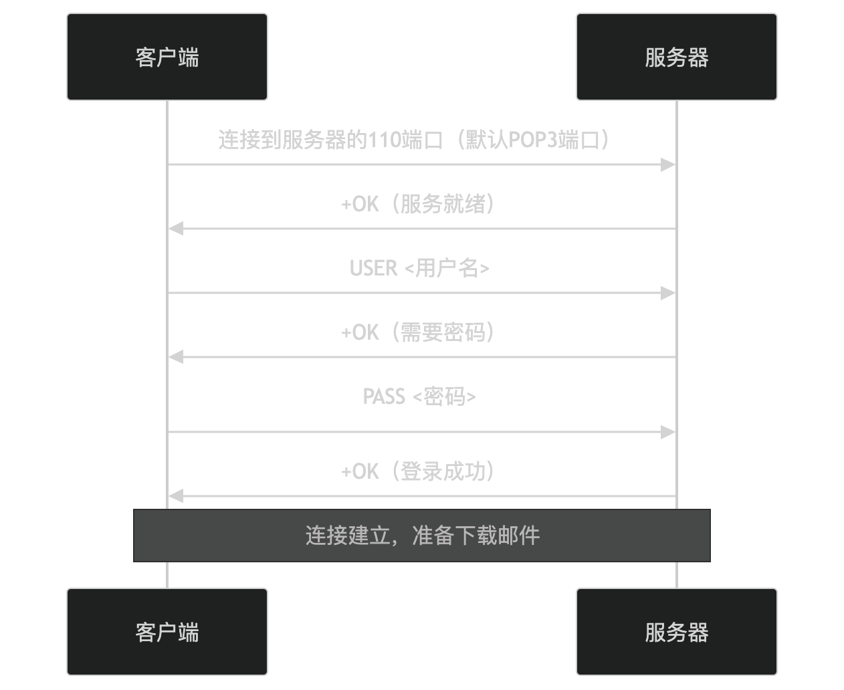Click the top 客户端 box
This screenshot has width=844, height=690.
[x=167, y=57]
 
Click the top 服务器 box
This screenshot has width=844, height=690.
[x=676, y=57]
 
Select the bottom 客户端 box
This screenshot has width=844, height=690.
[x=167, y=632]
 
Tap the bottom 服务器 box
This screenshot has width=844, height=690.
[x=676, y=632]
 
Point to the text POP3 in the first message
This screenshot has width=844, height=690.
[x=533, y=140]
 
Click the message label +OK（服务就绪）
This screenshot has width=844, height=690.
[x=419, y=204]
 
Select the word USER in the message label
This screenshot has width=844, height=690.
[x=373, y=268]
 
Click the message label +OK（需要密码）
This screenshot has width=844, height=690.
[x=419, y=332]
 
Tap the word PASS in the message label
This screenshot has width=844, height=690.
[x=384, y=396]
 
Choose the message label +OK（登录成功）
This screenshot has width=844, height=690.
[x=419, y=471]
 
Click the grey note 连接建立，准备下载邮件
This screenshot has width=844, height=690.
[x=422, y=536]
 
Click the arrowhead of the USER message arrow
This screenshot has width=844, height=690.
[x=668, y=293]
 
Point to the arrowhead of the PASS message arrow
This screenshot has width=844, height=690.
[x=668, y=433]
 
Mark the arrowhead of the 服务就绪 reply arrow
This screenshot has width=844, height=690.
[x=176, y=229]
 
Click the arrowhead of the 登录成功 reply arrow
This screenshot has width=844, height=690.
[x=176, y=496]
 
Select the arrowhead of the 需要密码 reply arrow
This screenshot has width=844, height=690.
[x=176, y=357]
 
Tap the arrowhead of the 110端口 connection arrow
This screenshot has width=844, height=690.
[x=668, y=164]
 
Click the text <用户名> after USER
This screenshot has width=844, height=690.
[x=447, y=268]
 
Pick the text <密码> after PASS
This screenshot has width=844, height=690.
[x=444, y=396]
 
